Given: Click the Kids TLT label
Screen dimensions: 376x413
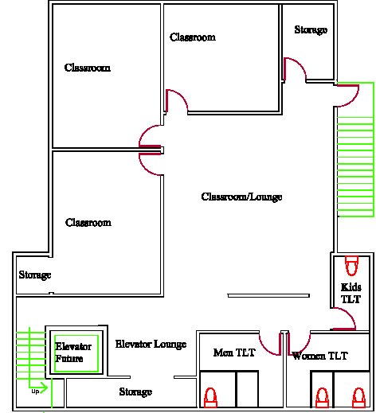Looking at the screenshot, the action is tap(351, 293).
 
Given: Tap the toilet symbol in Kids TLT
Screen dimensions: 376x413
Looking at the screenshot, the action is tap(351, 265).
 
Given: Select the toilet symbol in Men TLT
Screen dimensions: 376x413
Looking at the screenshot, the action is tap(210, 397).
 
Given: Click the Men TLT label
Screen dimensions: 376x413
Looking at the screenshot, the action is tap(234, 353).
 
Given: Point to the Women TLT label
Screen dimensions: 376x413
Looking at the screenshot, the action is tap(319, 356).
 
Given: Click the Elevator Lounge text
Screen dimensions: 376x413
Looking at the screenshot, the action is tap(151, 344).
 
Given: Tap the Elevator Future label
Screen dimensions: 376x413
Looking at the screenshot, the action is tap(73, 353).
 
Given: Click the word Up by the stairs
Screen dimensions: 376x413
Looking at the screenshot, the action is tap(35, 392).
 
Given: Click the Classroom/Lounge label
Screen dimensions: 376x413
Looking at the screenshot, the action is tap(241, 197).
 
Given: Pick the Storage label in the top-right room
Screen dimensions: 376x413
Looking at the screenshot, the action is tap(311, 29).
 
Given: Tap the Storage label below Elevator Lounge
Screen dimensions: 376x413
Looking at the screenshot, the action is tap(135, 392).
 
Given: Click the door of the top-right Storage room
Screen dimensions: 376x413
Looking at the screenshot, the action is tap(295, 69).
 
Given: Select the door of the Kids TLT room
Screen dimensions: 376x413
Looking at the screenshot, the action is tap(344, 319).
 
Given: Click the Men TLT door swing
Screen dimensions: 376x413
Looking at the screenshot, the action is tap(270, 344).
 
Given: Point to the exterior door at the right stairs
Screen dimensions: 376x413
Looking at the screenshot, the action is tap(348, 95).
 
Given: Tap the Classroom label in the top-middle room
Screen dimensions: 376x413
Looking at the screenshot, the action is tap(193, 37).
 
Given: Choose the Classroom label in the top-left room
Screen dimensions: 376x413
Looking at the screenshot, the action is tap(88, 68).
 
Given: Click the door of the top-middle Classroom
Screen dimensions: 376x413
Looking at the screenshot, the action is tap(177, 101).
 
